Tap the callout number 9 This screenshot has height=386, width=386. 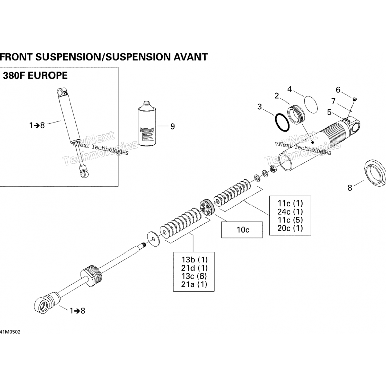[x=172, y=126]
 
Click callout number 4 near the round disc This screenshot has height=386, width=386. [x=289, y=89]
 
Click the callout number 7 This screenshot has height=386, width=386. [x=334, y=101]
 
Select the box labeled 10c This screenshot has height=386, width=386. [x=242, y=230]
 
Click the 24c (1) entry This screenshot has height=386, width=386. [x=290, y=212]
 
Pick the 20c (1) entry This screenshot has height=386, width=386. [x=290, y=228]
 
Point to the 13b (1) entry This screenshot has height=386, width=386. [x=194, y=260]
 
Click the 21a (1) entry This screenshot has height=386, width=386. [x=194, y=284]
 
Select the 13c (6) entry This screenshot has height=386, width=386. [x=194, y=276]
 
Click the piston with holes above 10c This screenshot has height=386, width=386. [x=207, y=207]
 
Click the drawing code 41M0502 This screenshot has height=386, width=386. [x=10, y=332]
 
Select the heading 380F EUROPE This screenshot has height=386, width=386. [x=35, y=76]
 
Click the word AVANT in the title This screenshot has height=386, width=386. [x=191, y=57]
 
